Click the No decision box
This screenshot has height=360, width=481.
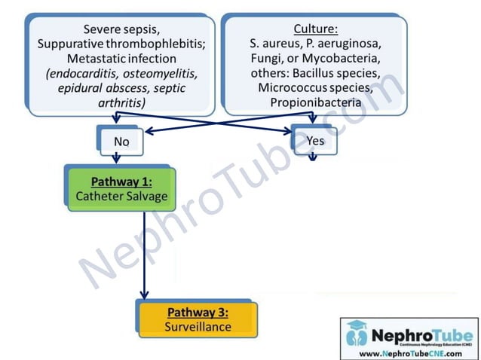tap(121, 141)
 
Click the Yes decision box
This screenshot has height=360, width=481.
tap(315, 141)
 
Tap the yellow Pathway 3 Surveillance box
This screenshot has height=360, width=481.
tap(198, 319)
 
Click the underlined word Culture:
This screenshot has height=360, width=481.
tap(315, 29)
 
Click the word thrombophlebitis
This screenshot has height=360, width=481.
tap(158, 44)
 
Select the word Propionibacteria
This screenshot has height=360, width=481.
tap(315, 101)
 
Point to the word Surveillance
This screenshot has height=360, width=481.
tap(198, 327)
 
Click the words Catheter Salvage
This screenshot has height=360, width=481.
tap(122, 197)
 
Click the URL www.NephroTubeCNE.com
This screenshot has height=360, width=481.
tap(409, 352)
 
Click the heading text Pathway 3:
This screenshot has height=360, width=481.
tap(198, 312)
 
